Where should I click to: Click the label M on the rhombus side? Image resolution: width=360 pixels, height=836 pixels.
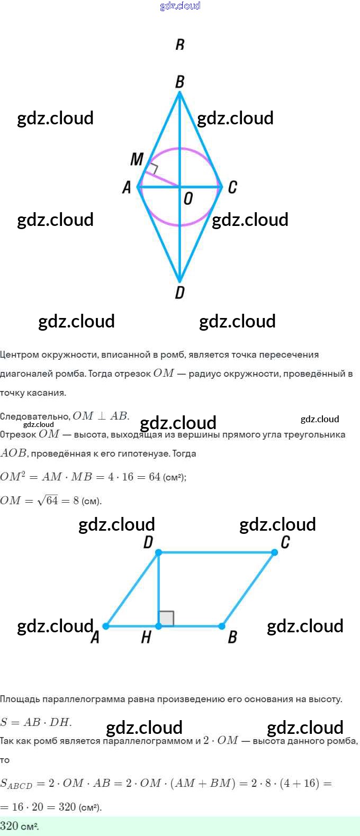coord(137,159)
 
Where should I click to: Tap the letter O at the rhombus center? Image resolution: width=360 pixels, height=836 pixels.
coord(188,199)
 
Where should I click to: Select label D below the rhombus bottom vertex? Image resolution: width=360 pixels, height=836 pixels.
coord(180,293)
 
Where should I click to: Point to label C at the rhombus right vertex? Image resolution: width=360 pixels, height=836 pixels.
coord(232,187)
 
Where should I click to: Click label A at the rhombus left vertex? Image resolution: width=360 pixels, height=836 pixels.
coord(127,187)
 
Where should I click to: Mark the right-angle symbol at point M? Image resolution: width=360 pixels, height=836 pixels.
coord(152,169)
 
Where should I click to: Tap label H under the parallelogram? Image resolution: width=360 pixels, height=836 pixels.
coord(146,638)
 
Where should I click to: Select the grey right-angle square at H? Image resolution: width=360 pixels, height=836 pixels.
coord(166,619)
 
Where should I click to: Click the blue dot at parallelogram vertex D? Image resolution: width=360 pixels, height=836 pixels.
coord(158,552)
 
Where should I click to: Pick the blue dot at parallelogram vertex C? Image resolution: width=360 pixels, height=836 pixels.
coord(274,552)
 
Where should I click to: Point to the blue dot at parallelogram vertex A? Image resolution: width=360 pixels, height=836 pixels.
coord(106,626)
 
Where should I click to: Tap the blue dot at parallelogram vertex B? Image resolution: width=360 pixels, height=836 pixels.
coord(222,626)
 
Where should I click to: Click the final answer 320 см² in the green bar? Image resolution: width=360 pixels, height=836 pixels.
coord(20,826)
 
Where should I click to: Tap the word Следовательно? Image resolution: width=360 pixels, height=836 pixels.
coord(34,416)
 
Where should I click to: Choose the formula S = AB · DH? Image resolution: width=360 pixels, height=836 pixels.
coord(36,722)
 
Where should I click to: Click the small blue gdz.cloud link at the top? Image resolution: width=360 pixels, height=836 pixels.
coord(180,6)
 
